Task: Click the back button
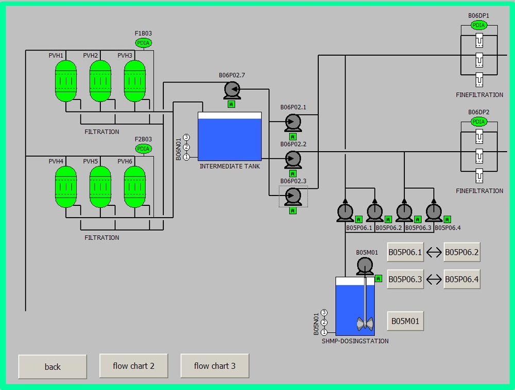53,366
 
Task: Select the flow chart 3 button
215,366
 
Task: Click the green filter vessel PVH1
65,81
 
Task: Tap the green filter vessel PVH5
100,187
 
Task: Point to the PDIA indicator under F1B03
144,43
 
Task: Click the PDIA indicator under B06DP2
479,122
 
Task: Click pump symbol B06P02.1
293,122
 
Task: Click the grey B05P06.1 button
405,252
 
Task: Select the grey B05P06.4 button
462,280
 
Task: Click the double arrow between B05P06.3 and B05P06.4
434,280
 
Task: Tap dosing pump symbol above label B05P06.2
374,212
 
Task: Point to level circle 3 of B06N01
186,137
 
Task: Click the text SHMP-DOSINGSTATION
355,341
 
